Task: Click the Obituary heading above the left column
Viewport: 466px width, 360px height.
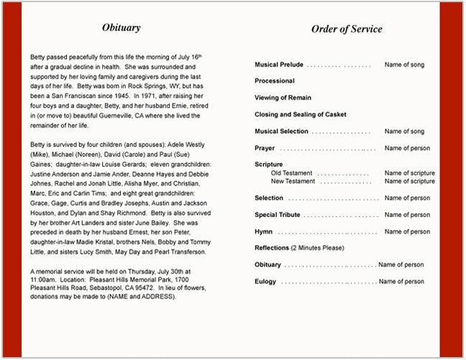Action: (x=121, y=28)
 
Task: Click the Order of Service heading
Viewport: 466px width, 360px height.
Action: (x=347, y=29)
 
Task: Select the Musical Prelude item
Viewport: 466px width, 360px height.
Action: (x=279, y=65)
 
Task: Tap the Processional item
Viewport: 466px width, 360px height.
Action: (x=274, y=81)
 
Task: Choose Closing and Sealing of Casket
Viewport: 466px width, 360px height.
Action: (x=300, y=114)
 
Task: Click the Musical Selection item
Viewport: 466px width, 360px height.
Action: (x=281, y=131)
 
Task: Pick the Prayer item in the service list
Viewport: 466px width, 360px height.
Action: (x=265, y=148)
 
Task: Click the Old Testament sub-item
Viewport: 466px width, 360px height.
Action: (x=291, y=173)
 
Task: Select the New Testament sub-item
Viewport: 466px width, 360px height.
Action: (x=293, y=181)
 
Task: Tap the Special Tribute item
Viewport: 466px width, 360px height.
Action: (x=277, y=215)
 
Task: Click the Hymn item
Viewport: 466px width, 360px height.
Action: (x=263, y=231)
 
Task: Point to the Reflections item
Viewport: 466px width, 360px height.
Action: (x=272, y=248)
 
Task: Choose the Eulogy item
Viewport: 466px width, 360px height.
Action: (x=265, y=282)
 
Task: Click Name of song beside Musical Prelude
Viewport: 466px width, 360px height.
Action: (x=404, y=65)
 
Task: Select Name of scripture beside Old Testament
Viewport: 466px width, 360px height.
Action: (x=409, y=173)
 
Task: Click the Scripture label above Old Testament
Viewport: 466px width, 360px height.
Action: (x=269, y=165)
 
